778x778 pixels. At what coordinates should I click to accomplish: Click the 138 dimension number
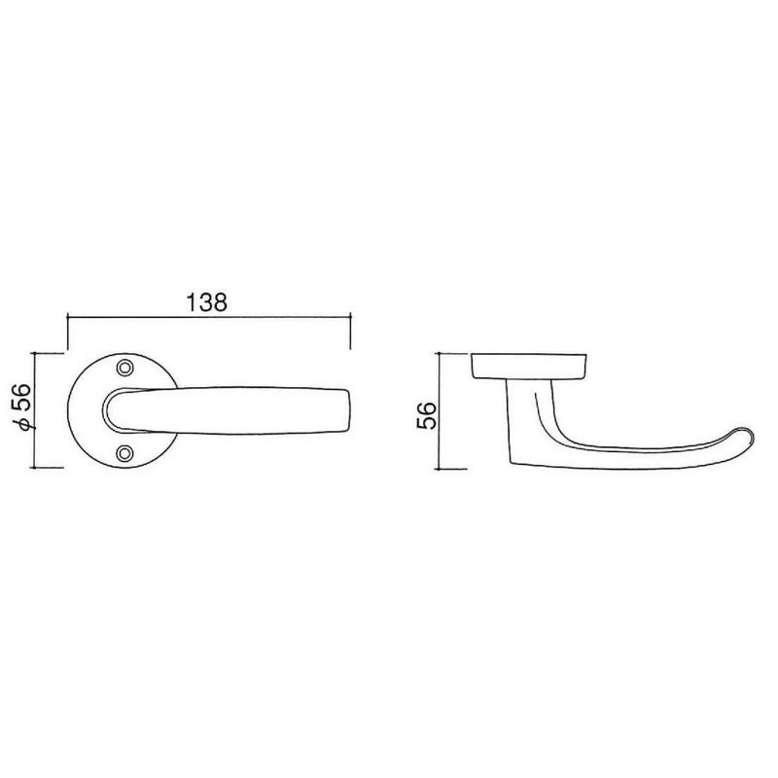206,302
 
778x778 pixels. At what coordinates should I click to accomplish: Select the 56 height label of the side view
426,415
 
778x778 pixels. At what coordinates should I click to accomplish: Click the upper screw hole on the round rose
125,368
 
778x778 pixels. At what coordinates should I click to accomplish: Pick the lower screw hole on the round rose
125,452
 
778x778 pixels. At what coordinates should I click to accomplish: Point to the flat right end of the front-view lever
350,410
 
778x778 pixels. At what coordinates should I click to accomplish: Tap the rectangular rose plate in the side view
528,367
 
